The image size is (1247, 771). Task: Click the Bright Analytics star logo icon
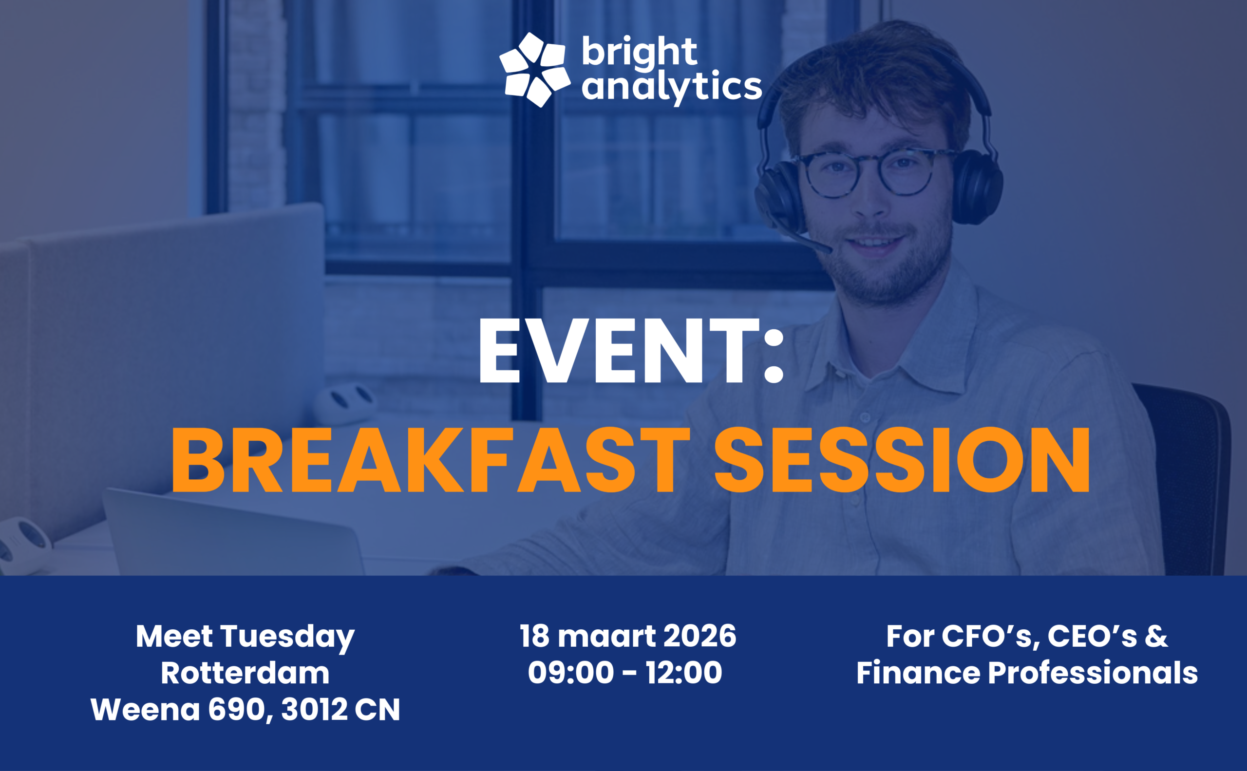click(534, 70)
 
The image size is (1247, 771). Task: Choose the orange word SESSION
click(902, 460)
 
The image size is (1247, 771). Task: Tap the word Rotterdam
click(246, 673)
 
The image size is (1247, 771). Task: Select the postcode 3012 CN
click(340, 710)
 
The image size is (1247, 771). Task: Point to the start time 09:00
click(571, 673)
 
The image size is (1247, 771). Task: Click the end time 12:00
click(684, 673)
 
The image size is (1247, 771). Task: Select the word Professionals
click(1093, 673)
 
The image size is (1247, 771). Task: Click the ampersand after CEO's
click(1156, 637)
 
